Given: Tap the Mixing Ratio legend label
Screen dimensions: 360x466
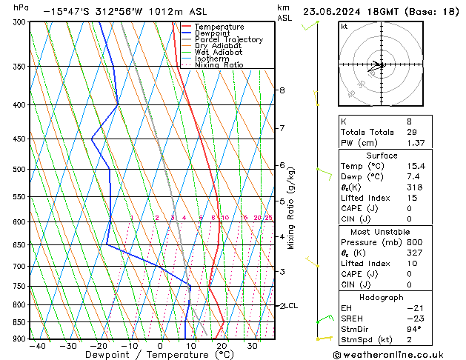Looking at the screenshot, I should coord(219,65).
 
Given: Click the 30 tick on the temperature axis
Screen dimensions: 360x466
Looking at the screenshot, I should coord(252,346).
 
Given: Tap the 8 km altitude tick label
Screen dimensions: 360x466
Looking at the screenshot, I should coord(282,90).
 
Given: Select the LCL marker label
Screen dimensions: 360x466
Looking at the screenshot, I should coord(292,305).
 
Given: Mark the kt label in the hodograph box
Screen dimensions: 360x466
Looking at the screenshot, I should coord(344,26).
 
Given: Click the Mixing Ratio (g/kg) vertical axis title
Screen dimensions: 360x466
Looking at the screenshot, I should coord(291,208).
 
